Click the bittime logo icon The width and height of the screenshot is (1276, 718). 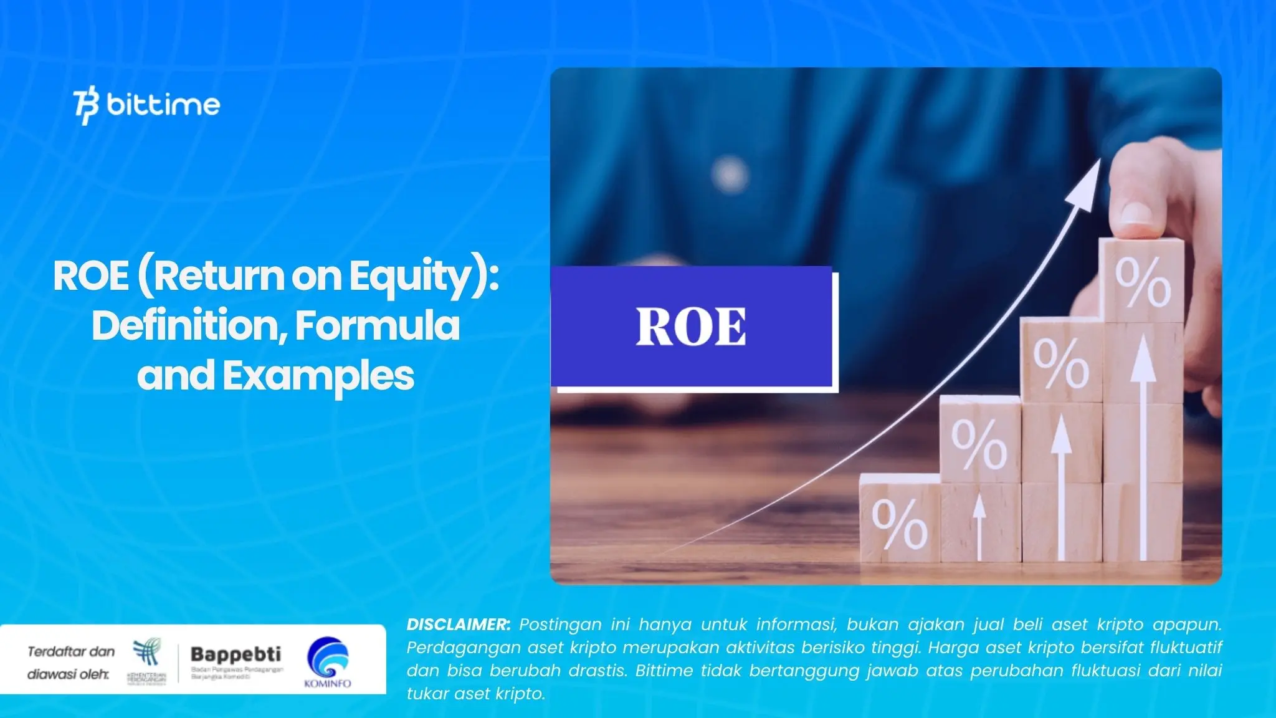[86, 107]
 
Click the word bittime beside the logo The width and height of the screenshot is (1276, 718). [163, 104]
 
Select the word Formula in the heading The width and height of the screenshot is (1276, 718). [377, 325]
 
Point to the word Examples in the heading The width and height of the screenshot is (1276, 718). [318, 376]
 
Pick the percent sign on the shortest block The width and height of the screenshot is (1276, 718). [899, 524]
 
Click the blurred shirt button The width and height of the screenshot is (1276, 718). [729, 171]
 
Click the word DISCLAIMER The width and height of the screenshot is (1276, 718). [458, 625]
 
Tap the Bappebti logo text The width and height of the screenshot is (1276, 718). [236, 654]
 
